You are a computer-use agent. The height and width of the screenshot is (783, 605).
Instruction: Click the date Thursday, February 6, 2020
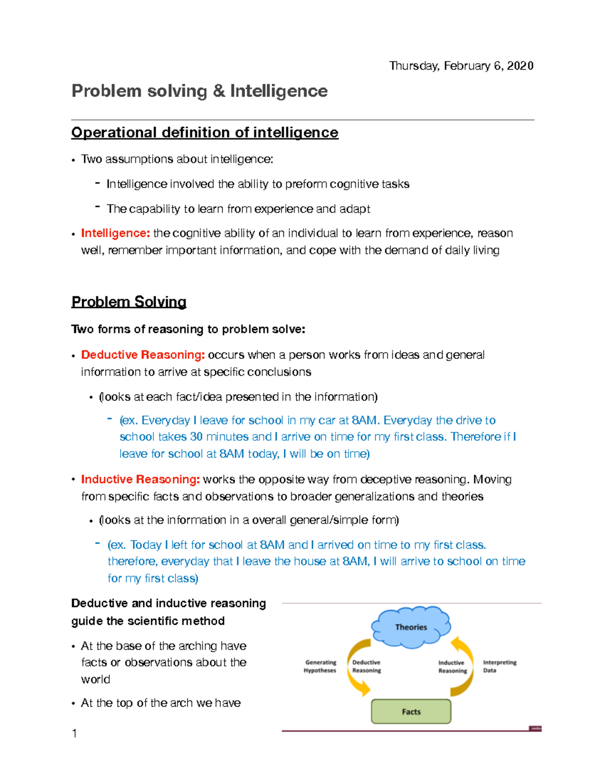point(461,66)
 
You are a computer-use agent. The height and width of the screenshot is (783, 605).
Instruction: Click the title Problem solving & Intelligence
point(200,91)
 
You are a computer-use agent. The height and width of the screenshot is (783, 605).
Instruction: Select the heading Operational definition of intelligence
point(205,133)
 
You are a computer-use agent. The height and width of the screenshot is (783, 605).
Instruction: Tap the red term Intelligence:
point(115,233)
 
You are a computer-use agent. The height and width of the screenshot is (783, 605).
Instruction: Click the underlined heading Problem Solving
point(129,302)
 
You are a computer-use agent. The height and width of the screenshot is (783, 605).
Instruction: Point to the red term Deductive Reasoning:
point(143,355)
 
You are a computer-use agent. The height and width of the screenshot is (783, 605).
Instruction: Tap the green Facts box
point(411,711)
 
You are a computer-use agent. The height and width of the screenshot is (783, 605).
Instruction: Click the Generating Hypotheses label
point(320,667)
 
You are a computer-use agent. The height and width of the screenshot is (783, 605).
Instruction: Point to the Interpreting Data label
point(499,667)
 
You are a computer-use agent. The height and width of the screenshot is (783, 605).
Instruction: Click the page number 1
point(75,734)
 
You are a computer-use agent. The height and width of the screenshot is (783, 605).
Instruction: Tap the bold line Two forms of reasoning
point(188,329)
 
